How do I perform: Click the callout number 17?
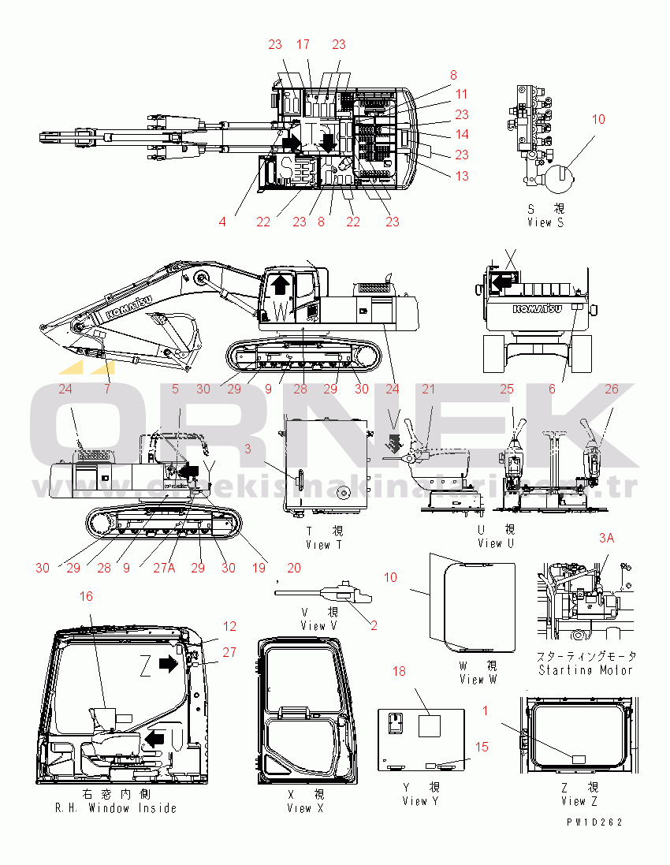click(x=303, y=45)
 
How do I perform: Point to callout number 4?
click(x=223, y=222)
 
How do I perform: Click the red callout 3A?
click(x=606, y=538)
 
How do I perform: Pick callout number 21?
click(x=428, y=389)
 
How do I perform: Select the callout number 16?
click(x=86, y=597)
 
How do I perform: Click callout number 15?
click(x=482, y=746)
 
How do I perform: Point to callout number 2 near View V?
click(x=374, y=625)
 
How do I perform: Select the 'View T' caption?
click(x=323, y=544)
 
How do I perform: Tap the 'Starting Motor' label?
click(x=586, y=669)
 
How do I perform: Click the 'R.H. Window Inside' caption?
click(x=116, y=807)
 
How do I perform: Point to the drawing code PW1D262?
click(x=594, y=822)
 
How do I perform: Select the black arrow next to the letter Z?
click(x=168, y=664)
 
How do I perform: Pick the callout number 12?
click(x=229, y=627)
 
